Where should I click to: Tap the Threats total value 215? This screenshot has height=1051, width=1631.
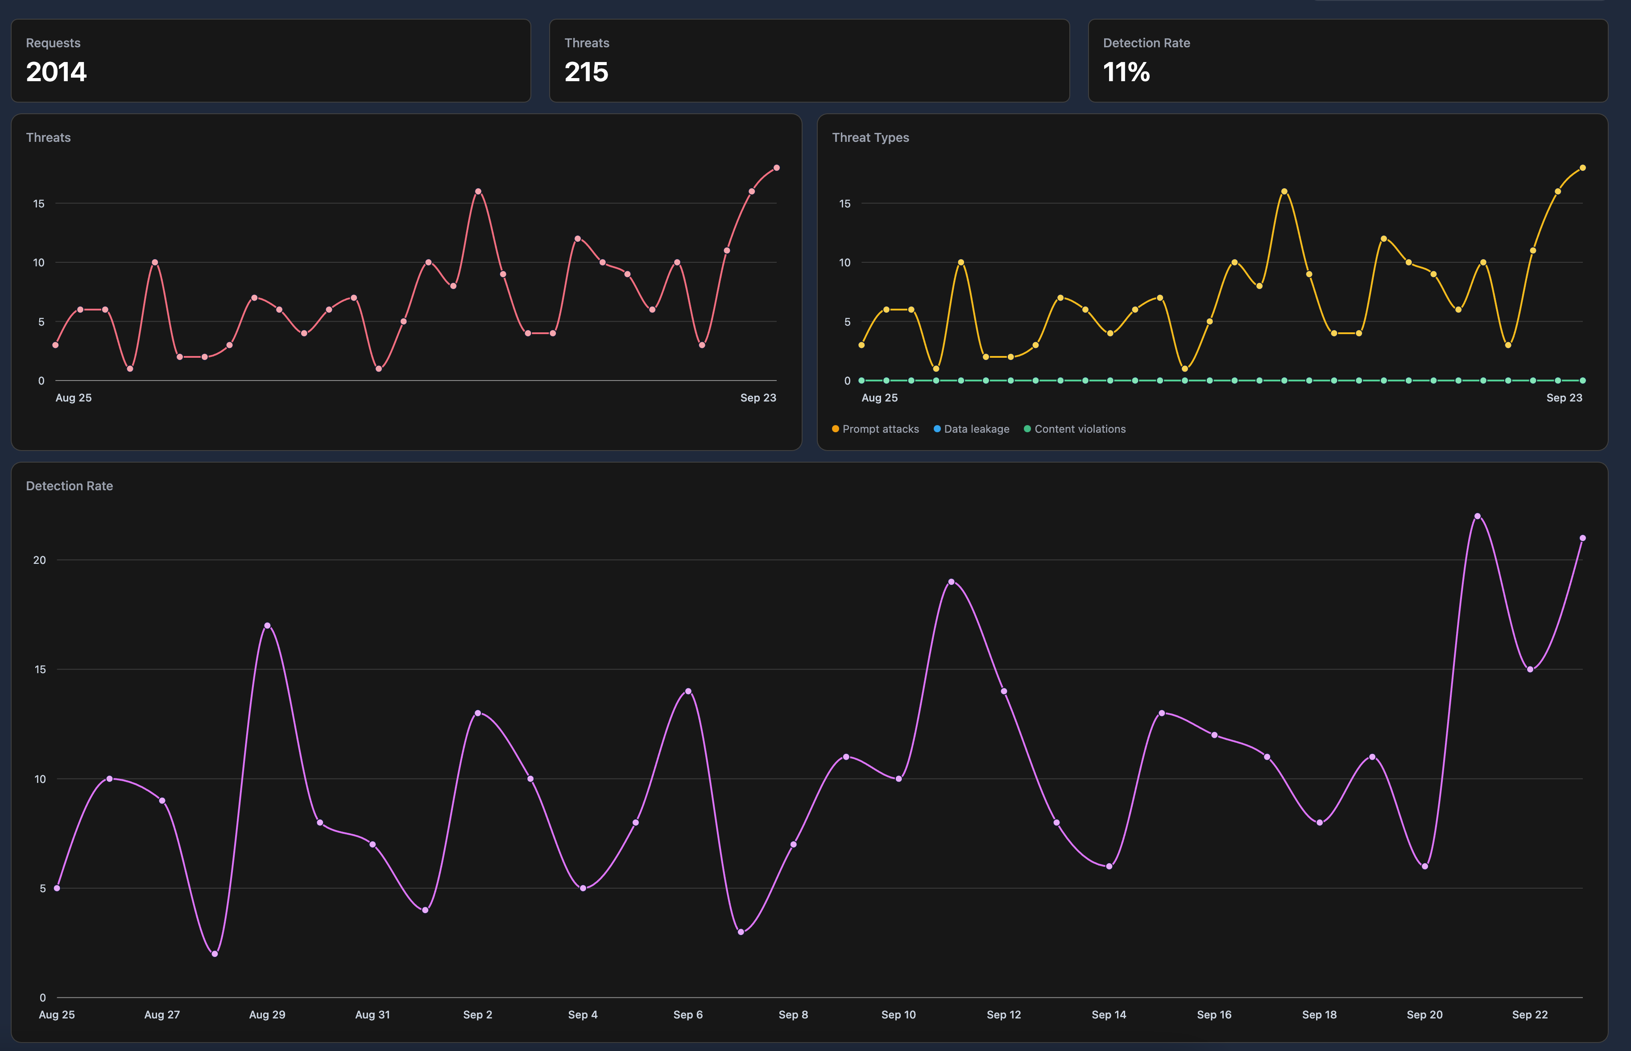tap(586, 72)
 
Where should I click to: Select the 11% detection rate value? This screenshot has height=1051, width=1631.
tap(1126, 72)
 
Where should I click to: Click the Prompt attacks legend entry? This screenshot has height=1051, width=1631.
tap(876, 429)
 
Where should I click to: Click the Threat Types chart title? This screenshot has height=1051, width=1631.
tap(870, 137)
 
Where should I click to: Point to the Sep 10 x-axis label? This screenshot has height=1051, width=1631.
tap(898, 1014)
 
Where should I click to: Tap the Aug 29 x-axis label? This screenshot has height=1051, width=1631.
tap(267, 1014)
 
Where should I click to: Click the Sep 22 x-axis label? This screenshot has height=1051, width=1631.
tap(1529, 1014)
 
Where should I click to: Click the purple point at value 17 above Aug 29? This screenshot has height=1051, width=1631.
tap(267, 625)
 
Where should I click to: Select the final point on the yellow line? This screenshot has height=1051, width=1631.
tap(1582, 168)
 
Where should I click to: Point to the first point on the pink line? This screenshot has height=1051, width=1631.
tap(55, 345)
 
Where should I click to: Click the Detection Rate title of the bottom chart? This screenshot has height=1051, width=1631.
tap(70, 486)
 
